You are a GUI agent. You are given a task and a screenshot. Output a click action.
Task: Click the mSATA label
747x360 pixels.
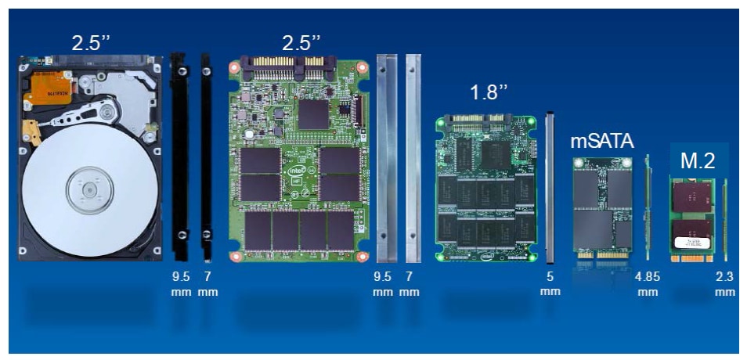(x=602, y=142)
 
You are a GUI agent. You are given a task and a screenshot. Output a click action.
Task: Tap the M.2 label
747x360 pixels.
(x=698, y=161)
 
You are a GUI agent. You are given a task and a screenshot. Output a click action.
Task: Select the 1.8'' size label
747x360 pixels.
(x=489, y=92)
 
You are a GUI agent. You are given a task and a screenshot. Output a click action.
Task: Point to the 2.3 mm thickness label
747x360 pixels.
(x=725, y=284)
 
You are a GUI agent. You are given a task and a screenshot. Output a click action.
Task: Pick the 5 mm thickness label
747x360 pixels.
(x=550, y=284)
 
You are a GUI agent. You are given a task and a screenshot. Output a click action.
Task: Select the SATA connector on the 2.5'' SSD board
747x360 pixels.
(x=289, y=67)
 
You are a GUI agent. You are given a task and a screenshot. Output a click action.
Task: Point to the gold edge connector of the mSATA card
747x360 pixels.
(x=602, y=255)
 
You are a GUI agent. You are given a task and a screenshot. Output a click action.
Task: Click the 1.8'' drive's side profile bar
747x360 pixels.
(x=550, y=188)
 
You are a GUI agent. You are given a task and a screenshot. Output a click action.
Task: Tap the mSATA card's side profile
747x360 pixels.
(x=648, y=207)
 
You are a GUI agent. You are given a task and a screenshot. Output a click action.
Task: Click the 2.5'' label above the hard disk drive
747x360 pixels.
(x=91, y=43)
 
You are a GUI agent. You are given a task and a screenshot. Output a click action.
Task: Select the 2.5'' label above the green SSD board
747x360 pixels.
(x=301, y=43)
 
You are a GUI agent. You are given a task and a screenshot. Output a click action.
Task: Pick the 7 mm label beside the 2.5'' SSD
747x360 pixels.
(x=410, y=284)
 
